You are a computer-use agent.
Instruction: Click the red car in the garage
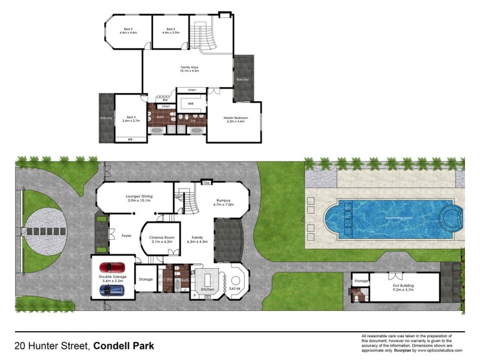(113, 266)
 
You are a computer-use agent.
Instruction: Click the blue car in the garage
(112, 290)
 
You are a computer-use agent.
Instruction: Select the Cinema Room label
(160, 239)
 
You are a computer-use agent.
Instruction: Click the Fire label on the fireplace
(206, 182)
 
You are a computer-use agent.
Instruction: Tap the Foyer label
(110, 236)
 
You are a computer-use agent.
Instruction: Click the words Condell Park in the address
(124, 346)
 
